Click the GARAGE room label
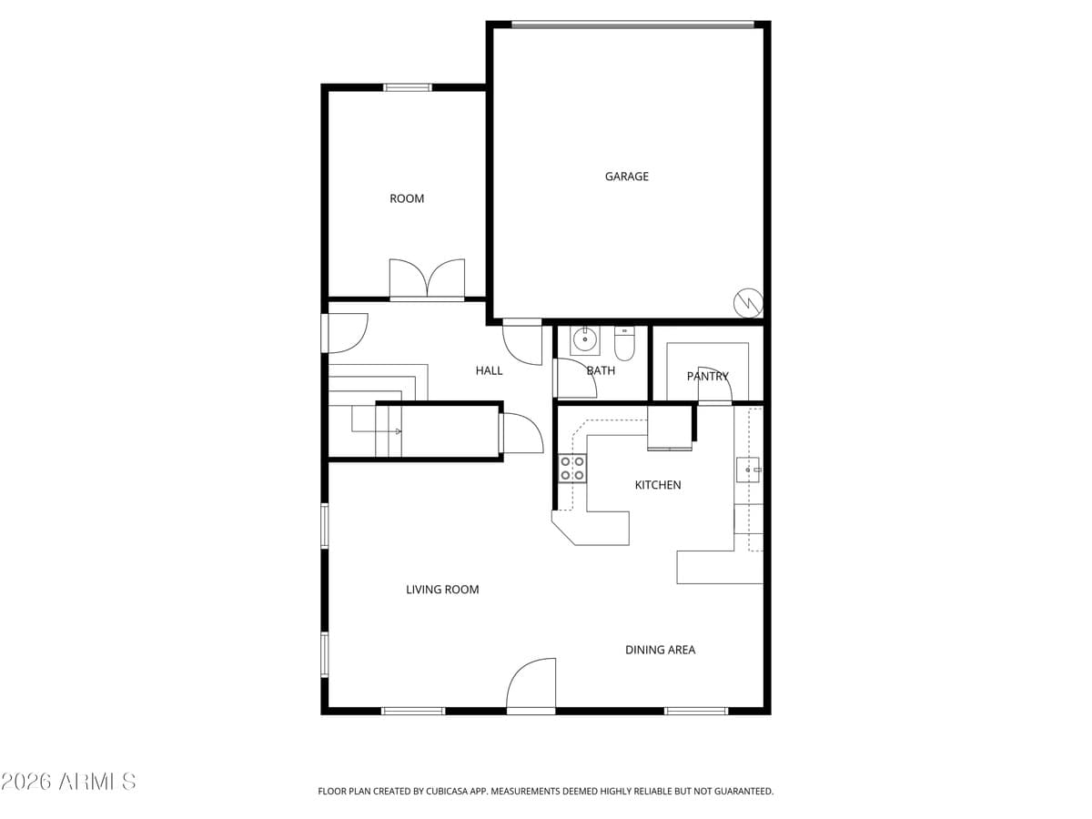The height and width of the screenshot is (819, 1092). (627, 177)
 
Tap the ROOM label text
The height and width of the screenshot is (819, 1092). (407, 198)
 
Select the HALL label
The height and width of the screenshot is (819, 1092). (489, 370)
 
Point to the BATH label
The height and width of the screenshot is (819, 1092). (601, 370)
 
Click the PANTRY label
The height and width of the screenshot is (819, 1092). (707, 376)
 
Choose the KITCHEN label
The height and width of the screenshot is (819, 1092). (657, 485)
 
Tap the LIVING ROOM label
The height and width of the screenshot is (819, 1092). (442, 590)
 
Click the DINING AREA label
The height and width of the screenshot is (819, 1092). (660, 650)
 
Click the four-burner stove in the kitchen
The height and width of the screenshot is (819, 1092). (572, 469)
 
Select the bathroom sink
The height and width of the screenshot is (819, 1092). (584, 340)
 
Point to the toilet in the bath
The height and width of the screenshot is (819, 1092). (624, 343)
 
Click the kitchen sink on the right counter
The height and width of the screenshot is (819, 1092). (747, 469)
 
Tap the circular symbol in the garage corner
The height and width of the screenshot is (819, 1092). (748, 302)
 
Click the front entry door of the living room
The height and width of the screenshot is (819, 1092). (531, 685)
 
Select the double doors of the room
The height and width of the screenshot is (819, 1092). (427, 279)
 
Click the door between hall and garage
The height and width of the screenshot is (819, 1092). (522, 340)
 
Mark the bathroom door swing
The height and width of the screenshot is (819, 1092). (575, 379)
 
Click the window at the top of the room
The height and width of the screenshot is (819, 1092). (407, 87)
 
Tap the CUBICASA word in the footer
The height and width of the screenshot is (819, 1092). (450, 792)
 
